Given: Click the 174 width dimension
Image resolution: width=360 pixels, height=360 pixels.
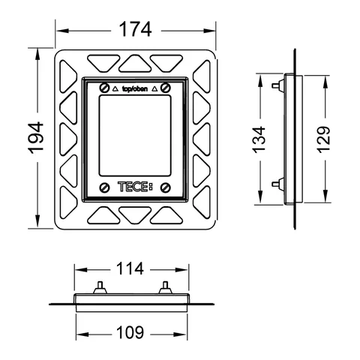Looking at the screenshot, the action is (x=135, y=29).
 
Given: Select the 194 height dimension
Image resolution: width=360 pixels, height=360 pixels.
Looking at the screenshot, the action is (x=36, y=137).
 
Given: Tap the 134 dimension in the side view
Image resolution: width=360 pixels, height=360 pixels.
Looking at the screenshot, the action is (x=259, y=139).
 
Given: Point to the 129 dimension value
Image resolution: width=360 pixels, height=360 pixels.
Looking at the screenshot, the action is (x=323, y=139).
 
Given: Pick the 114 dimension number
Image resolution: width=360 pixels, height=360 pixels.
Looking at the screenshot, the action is (x=130, y=268).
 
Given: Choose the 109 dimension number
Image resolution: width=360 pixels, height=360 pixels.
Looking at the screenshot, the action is (x=130, y=332).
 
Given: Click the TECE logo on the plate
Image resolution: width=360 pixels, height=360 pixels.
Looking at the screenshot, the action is (x=135, y=187).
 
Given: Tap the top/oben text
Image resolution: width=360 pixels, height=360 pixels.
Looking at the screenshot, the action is (x=135, y=88).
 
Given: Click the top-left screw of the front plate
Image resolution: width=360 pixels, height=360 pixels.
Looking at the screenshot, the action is (x=104, y=88).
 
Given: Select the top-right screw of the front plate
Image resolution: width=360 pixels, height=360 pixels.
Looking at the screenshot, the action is (x=166, y=88).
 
